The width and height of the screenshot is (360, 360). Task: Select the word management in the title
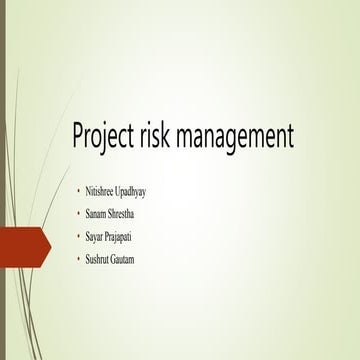coord(241,137)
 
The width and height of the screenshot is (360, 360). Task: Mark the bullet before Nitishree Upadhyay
coord(78,191)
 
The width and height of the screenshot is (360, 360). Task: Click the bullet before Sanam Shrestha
coord(78,214)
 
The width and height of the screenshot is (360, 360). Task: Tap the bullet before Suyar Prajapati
coord(78,237)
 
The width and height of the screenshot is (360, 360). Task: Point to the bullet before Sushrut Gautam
coord(78,260)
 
